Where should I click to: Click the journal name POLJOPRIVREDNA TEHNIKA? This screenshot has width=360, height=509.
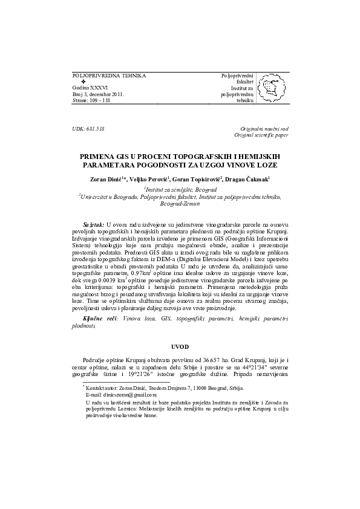[109, 76]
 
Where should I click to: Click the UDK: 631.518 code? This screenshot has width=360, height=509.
[88, 129]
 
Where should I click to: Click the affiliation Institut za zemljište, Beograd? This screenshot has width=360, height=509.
[180, 189]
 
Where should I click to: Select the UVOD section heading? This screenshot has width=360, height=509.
[180, 346]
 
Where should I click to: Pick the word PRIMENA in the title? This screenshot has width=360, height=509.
[100, 155]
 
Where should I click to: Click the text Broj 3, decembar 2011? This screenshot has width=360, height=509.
[97, 94]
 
